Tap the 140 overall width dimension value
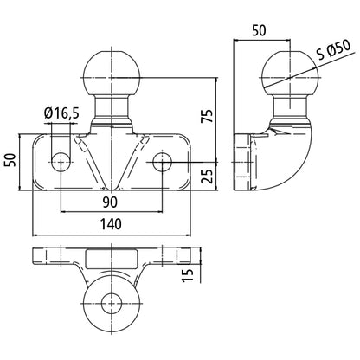coord(111,223)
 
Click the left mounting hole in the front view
coord(62,160)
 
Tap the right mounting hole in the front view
coord(162,160)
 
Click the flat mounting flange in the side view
coord(242,160)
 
